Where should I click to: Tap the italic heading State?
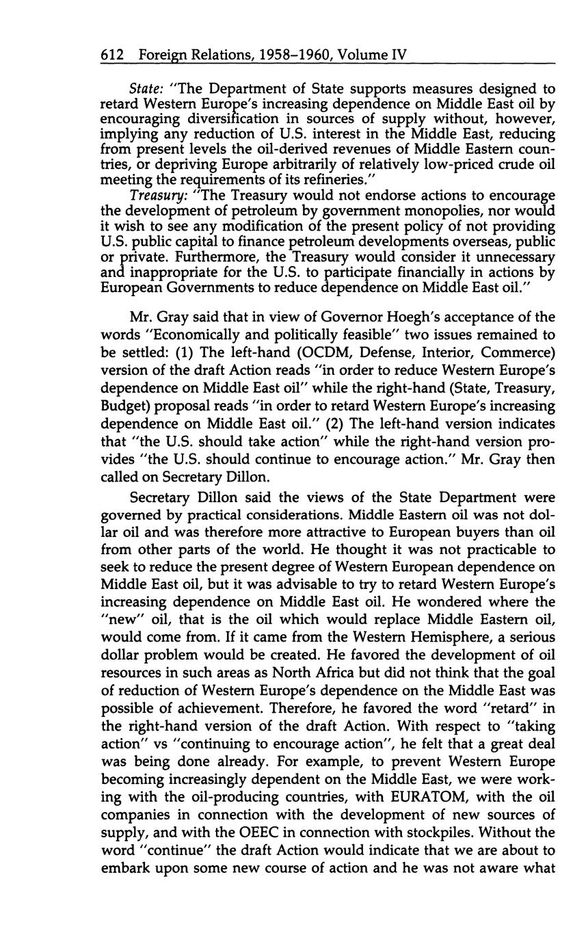tap(146, 90)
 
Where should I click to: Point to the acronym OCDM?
tap(314, 353)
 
